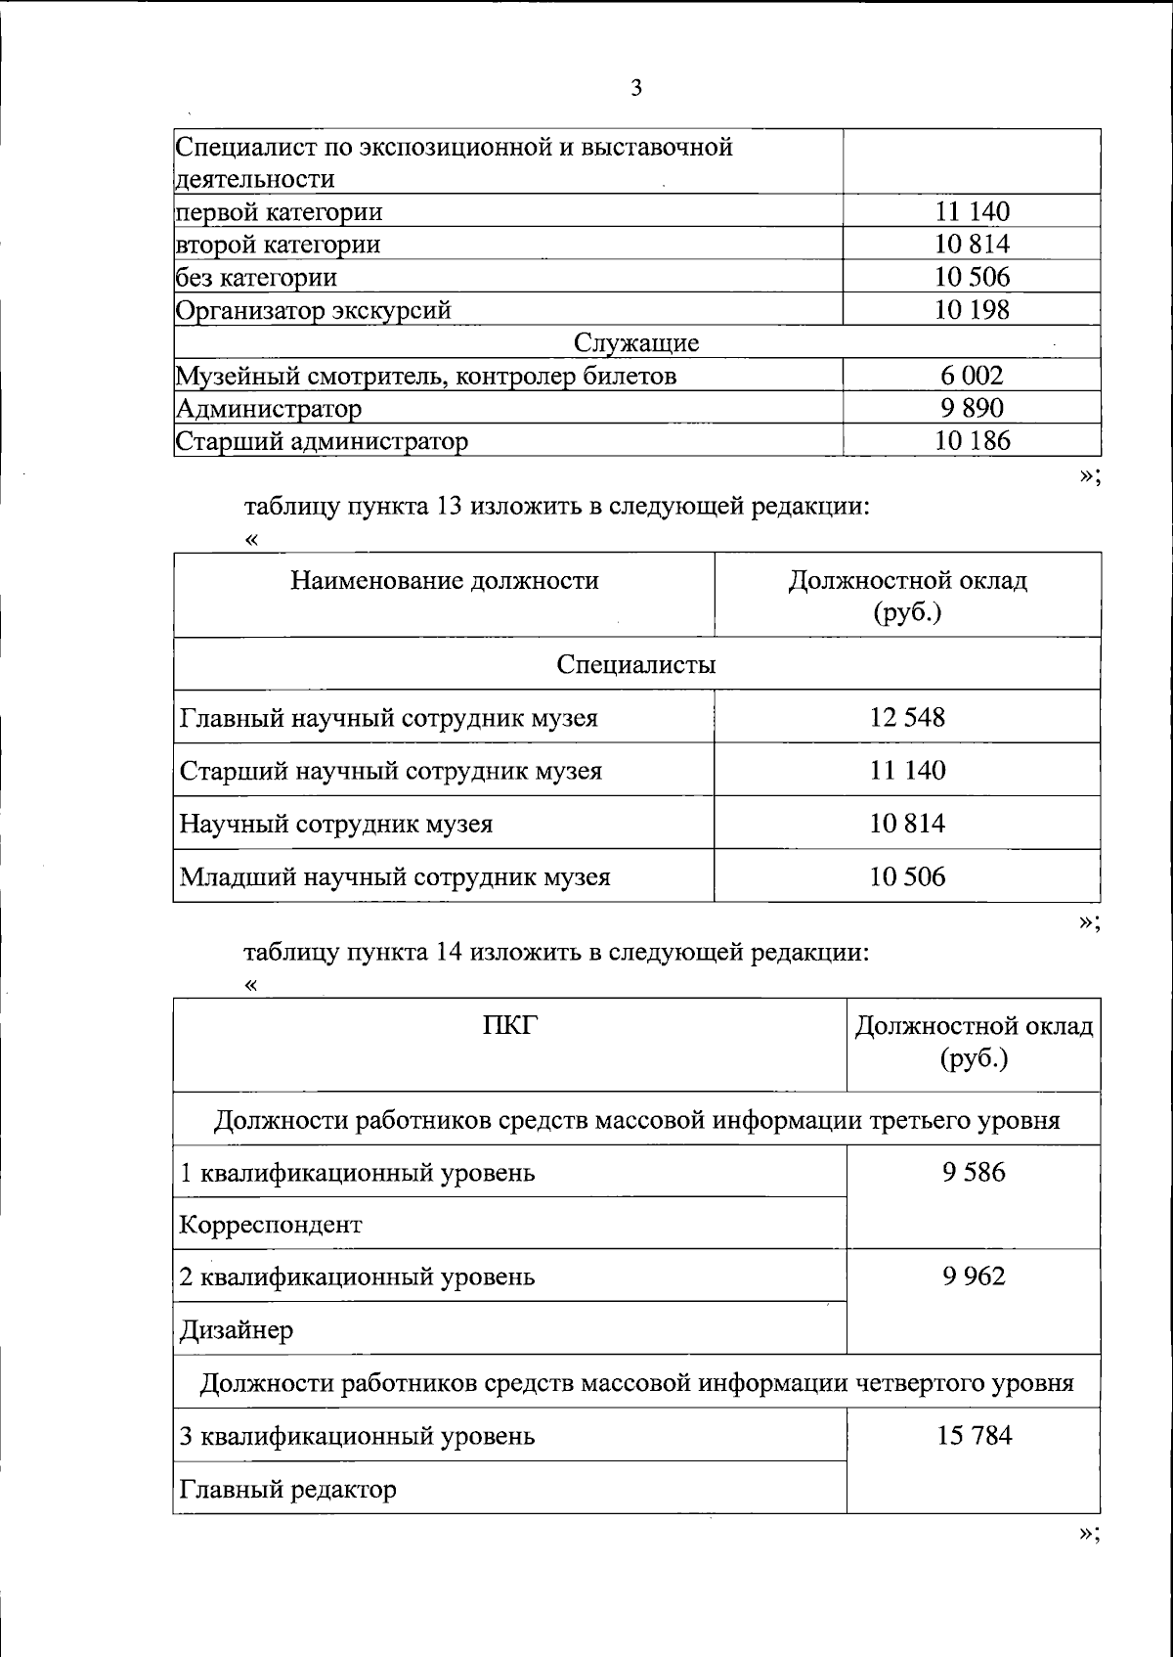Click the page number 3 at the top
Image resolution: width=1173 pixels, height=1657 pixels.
tap(636, 89)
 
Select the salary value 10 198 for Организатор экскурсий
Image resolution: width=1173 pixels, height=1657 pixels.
tap(972, 310)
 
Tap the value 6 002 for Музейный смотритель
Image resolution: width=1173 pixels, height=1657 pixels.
tap(972, 376)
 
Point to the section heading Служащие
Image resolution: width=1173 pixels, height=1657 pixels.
tap(636, 343)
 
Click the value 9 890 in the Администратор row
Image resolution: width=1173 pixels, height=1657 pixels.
tap(972, 409)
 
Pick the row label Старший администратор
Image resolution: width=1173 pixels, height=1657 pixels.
tap(322, 441)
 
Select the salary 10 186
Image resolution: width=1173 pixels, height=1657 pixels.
tap(972, 441)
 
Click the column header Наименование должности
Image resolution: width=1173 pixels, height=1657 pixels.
tap(444, 581)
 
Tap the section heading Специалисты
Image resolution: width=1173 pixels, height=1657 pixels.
tap(636, 665)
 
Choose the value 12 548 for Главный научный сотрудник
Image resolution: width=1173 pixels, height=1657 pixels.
tap(907, 718)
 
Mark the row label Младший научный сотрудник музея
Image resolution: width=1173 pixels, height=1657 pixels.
tap(395, 876)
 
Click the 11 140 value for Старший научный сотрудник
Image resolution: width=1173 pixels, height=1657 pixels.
tap(907, 771)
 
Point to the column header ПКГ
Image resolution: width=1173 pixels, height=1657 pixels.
tap(510, 1025)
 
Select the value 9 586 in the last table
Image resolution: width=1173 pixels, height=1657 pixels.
tap(974, 1172)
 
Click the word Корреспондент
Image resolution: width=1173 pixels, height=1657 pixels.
tap(271, 1225)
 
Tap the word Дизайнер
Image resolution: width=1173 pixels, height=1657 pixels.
tap(237, 1330)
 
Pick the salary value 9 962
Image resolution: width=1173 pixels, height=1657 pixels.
tap(974, 1276)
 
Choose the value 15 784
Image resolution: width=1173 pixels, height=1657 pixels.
tap(974, 1436)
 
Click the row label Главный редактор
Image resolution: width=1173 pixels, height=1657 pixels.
tap(288, 1490)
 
